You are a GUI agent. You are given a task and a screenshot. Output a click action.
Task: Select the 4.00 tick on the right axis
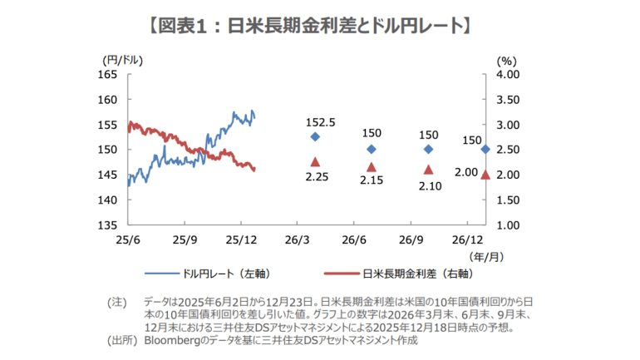[x=509, y=75]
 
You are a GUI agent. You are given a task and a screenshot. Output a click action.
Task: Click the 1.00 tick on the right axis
[x=509, y=225]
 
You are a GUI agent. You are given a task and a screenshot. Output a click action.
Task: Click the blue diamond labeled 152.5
[x=315, y=136]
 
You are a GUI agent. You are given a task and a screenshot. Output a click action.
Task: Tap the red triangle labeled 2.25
[x=315, y=162]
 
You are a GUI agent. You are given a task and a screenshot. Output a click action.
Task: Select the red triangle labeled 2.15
[x=372, y=167]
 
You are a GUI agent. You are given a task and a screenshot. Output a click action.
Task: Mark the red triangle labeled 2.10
[x=429, y=170]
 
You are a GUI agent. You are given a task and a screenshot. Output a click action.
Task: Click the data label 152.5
[x=320, y=121]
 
